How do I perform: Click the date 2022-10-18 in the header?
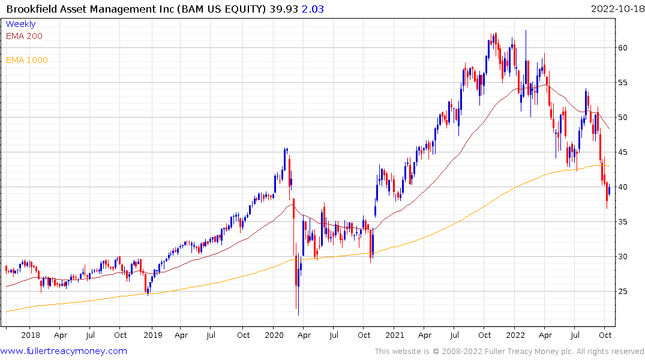click(x=615, y=8)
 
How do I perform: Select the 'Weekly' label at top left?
click(x=20, y=24)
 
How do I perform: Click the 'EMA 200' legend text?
click(x=24, y=36)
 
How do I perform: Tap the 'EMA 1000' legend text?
click(x=27, y=60)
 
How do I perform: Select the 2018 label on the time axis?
click(x=30, y=335)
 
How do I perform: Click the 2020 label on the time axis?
click(x=274, y=335)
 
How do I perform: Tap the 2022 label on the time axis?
click(x=516, y=335)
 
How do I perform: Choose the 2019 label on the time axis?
click(x=152, y=335)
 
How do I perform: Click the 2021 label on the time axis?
click(x=395, y=335)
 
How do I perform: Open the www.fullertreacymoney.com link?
click(x=64, y=351)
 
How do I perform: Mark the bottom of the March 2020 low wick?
click(x=298, y=314)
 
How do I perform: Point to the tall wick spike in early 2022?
click(x=526, y=31)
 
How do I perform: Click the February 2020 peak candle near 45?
click(x=286, y=150)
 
